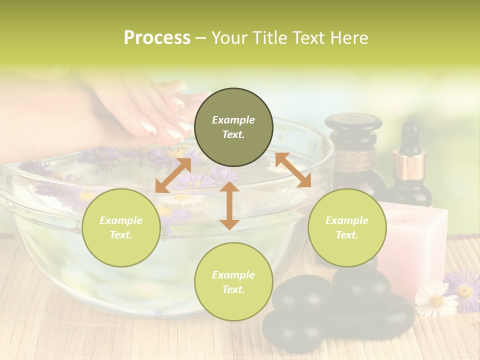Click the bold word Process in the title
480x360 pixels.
157,38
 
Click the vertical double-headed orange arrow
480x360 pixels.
229,205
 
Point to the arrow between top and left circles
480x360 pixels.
173,175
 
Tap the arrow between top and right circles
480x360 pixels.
293,170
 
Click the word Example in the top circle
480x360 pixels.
233,120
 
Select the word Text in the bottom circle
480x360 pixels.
233,289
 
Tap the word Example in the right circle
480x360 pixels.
347,220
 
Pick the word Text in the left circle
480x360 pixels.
121,235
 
